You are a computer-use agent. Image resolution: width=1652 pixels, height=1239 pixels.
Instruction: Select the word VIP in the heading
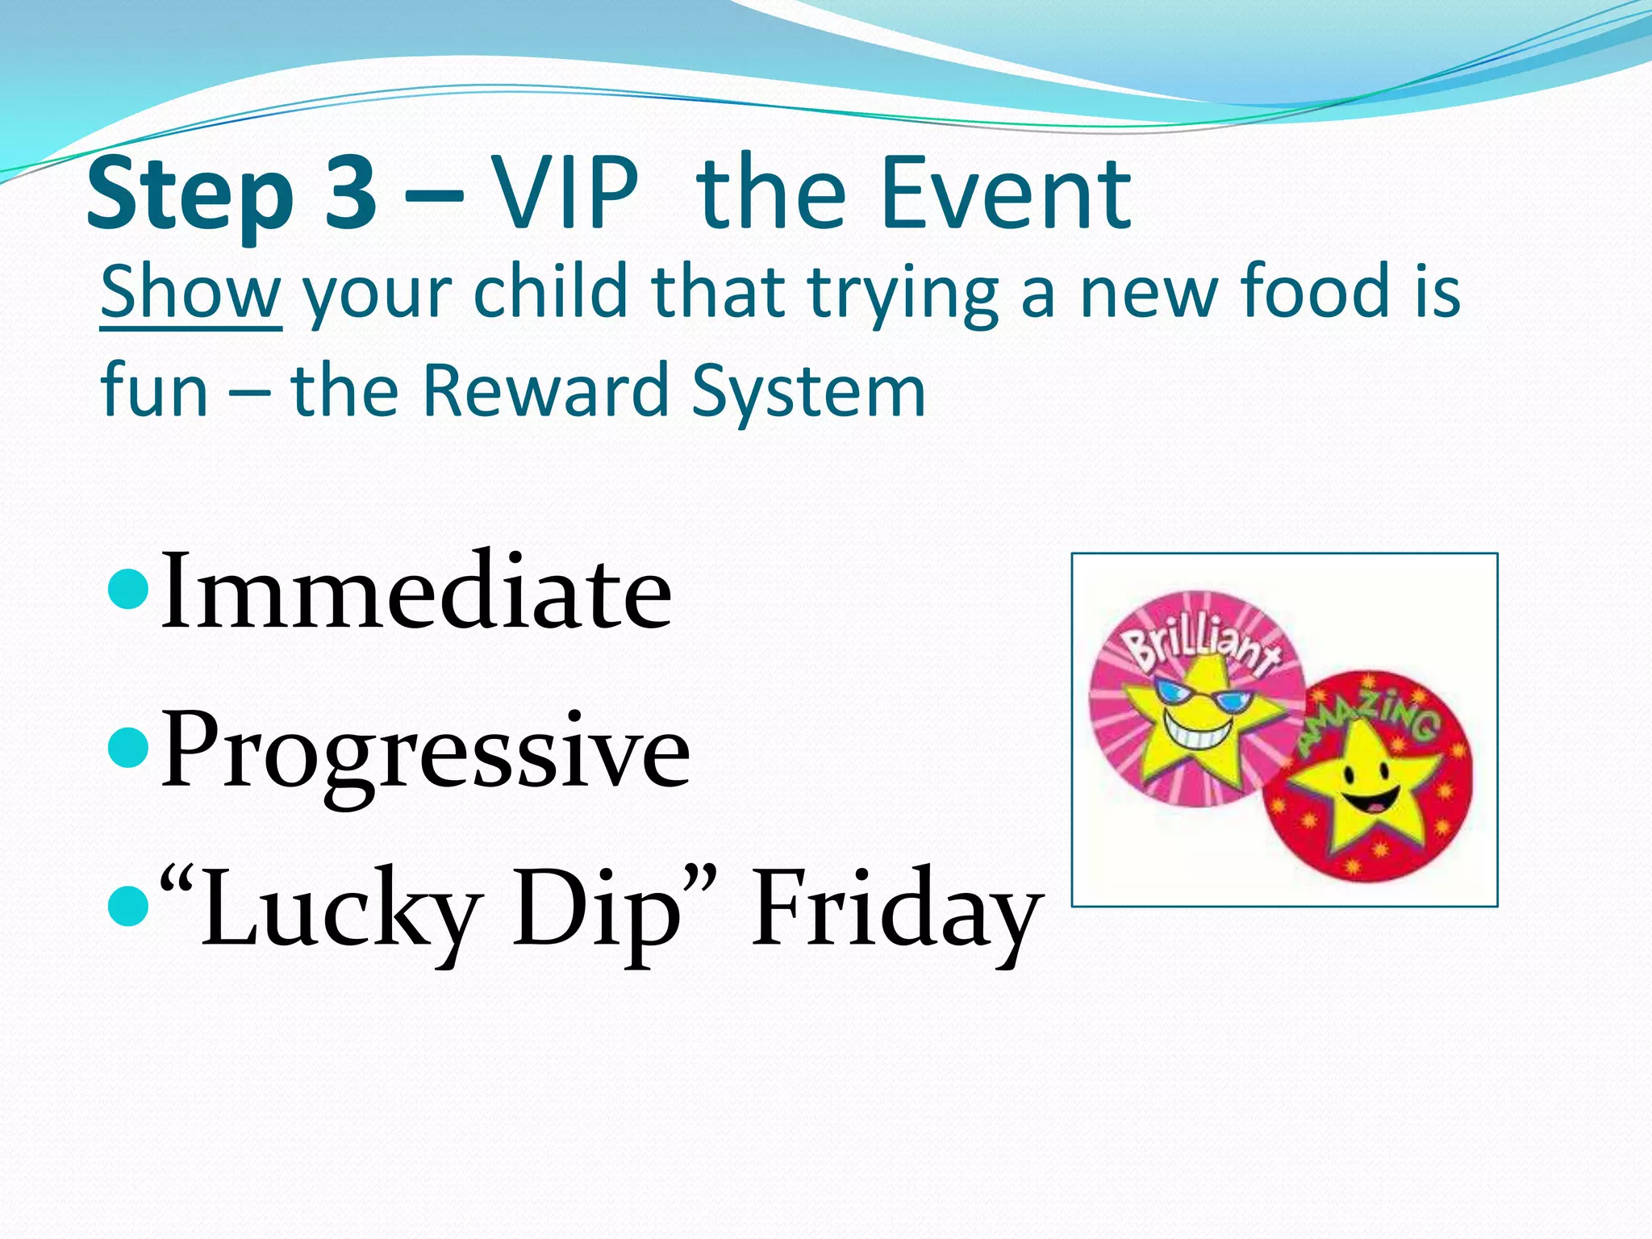(565, 194)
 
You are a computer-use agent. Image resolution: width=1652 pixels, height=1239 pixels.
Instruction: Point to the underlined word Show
(190, 292)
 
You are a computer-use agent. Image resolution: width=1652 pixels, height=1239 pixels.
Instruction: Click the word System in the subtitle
(808, 392)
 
